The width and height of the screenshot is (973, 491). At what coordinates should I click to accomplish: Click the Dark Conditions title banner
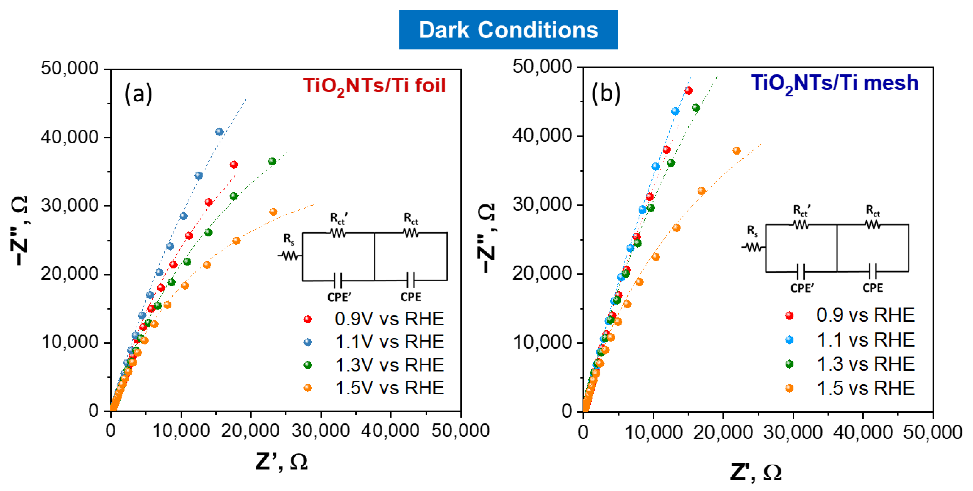[x=508, y=29]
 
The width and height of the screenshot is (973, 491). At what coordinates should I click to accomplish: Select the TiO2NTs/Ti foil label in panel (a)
[x=374, y=86]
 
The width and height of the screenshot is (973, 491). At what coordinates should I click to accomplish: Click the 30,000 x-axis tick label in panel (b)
[x=792, y=432]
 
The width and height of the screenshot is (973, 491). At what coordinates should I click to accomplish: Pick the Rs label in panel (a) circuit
[x=289, y=239]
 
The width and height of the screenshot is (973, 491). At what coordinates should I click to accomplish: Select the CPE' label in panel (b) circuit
[x=802, y=288]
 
